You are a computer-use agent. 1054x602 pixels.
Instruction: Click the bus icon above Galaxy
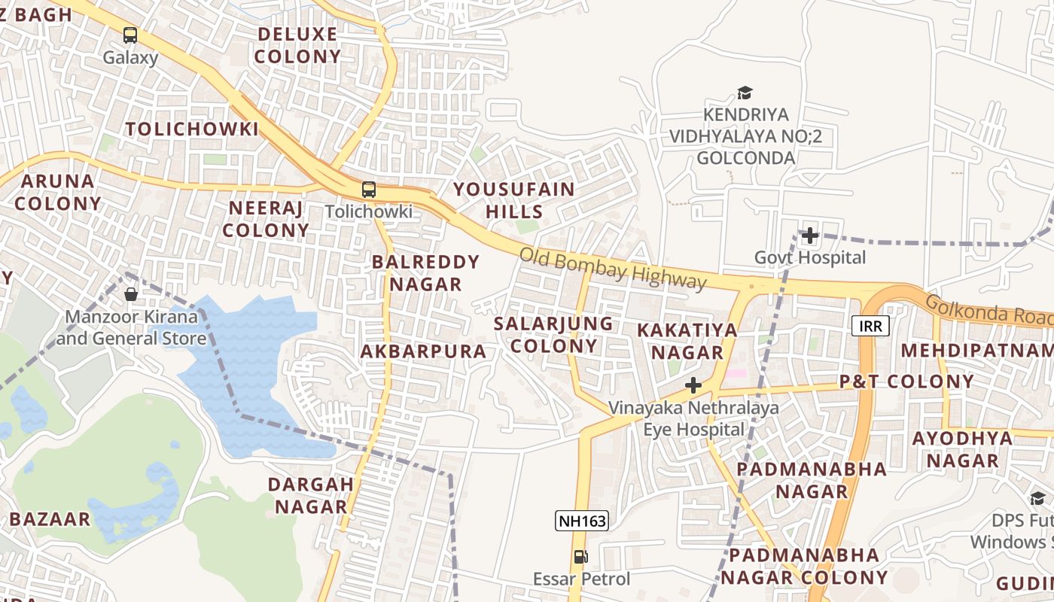pyautogui.click(x=130, y=35)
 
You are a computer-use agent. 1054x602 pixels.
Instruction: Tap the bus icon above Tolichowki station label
pyautogui.click(x=368, y=190)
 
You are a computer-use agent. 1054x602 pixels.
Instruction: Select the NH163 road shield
pyautogui.click(x=581, y=521)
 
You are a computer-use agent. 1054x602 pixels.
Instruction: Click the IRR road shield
pyautogui.click(x=871, y=326)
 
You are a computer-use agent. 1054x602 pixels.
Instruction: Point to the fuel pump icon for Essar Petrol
pyautogui.click(x=580, y=557)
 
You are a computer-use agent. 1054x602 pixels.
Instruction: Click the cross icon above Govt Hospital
pyautogui.click(x=810, y=236)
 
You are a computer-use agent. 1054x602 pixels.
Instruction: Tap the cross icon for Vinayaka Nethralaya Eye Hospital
pyautogui.click(x=693, y=386)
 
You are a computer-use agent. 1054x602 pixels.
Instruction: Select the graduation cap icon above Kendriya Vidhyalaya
pyautogui.click(x=745, y=93)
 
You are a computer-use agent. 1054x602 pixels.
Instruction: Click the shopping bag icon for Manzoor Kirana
pyautogui.click(x=131, y=293)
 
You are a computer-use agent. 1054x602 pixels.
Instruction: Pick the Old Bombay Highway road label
pyautogui.click(x=613, y=269)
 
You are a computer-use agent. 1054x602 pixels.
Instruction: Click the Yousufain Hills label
pyautogui.click(x=514, y=200)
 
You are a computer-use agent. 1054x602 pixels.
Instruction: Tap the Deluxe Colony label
pyautogui.click(x=298, y=45)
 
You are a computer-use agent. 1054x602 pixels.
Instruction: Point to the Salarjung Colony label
pyautogui.click(x=553, y=335)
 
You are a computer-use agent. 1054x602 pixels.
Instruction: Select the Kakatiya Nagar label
pyautogui.click(x=687, y=341)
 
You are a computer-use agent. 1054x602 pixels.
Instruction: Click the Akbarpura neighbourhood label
pyautogui.click(x=423, y=351)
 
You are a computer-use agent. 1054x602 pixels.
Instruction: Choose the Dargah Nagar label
pyautogui.click(x=311, y=495)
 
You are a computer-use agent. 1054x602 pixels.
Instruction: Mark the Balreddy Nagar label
pyautogui.click(x=425, y=273)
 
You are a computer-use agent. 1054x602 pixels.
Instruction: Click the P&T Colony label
pyautogui.click(x=906, y=382)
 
